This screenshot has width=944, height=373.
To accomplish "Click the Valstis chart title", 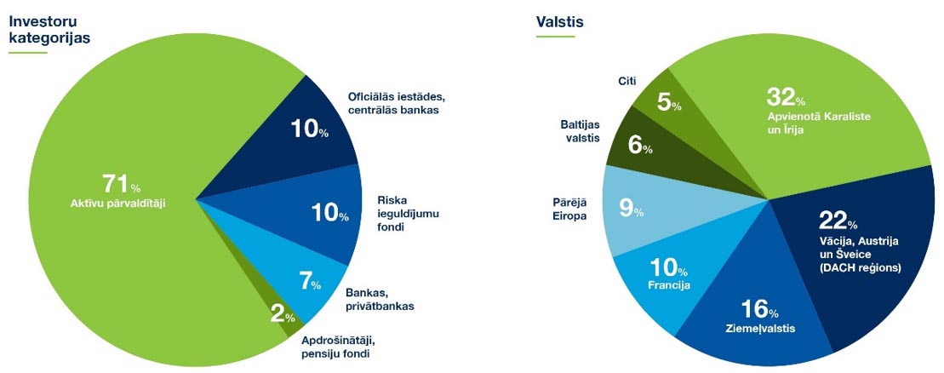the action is click(560, 22).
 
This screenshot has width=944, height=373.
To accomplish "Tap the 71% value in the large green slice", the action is click(123, 182).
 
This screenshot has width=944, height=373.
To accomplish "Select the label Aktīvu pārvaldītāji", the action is click(118, 204).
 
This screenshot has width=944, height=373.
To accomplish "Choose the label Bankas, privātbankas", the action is click(380, 299).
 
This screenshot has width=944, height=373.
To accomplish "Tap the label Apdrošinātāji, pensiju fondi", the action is click(341, 347).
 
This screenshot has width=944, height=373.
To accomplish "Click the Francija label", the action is click(669, 285).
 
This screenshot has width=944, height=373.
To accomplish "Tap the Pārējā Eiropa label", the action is click(567, 209).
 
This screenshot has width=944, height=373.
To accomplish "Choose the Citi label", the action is click(626, 80).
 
